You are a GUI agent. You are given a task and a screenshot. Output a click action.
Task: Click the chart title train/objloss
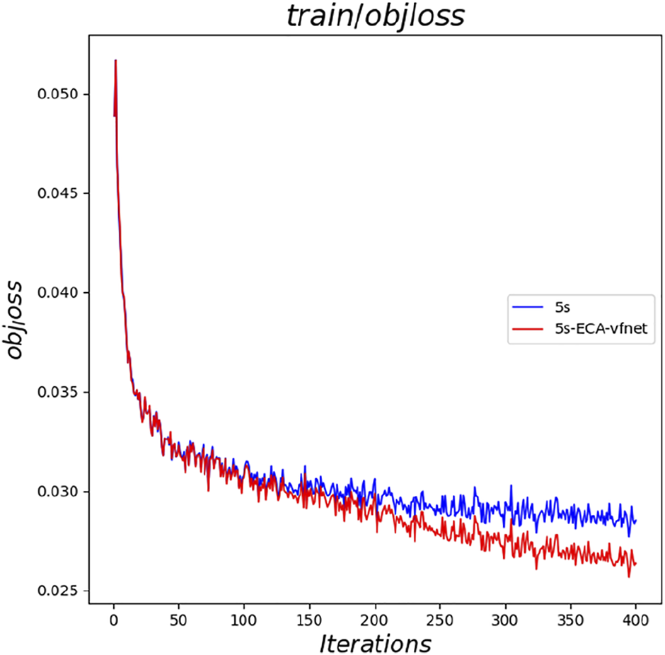coord(375,17)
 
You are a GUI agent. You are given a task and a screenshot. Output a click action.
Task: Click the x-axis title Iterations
coord(375,643)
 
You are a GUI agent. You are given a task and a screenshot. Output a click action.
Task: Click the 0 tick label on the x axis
coord(113,618)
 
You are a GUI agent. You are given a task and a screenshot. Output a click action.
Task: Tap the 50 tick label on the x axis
coord(178,618)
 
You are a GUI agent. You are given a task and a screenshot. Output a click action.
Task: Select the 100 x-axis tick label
coord(244,618)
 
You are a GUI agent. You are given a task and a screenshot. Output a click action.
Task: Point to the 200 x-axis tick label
coord(375,618)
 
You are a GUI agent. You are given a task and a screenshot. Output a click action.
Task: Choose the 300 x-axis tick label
coord(506,618)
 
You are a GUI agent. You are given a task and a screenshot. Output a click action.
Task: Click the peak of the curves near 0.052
coord(115,61)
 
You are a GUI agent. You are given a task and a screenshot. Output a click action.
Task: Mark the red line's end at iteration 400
coord(636,564)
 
